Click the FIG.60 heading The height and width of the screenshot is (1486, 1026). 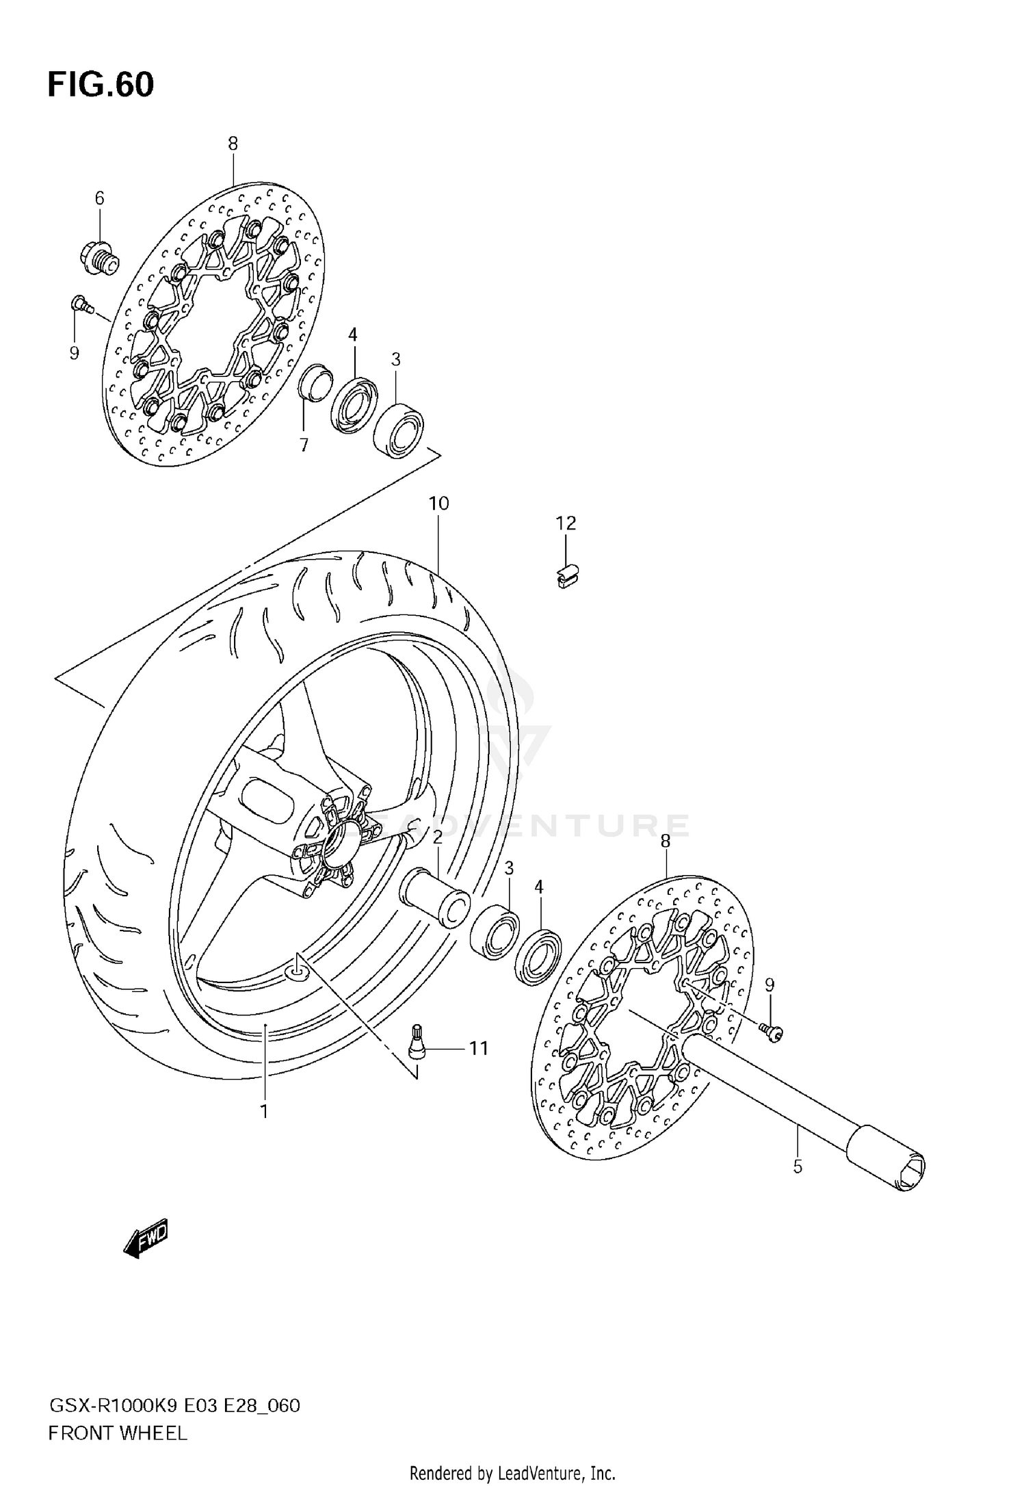click(101, 85)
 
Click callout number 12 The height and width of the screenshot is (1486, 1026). click(566, 523)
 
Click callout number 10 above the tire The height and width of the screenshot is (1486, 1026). click(438, 504)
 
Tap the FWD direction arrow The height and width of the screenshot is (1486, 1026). click(145, 1238)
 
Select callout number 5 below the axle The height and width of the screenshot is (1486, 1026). click(798, 1167)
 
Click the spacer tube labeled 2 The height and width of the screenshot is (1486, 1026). click(435, 897)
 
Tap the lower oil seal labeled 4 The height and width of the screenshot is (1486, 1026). click(538, 956)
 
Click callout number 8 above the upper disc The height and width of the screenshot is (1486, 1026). click(233, 144)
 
